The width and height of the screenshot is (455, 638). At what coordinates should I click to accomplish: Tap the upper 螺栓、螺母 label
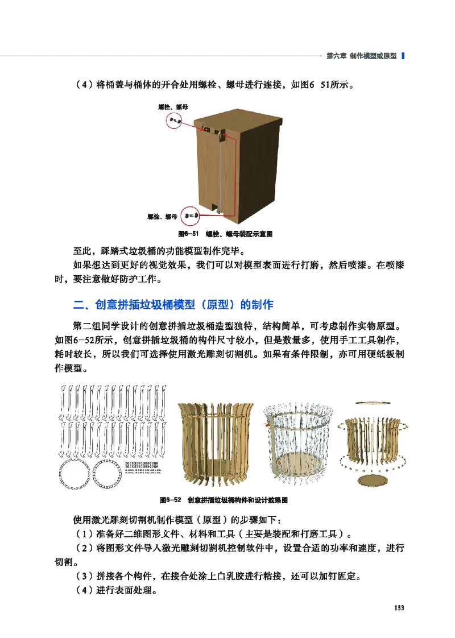tap(173, 107)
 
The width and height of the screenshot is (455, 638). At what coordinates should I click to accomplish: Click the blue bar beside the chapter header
tap(403, 56)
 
